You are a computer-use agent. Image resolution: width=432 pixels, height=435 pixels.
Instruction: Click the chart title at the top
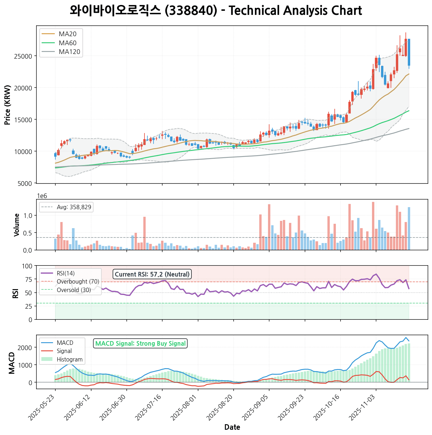(x=216, y=11)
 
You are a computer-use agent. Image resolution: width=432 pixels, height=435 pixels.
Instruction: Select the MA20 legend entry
(x=67, y=34)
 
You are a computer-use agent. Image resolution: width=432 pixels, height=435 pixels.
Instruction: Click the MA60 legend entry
(x=67, y=43)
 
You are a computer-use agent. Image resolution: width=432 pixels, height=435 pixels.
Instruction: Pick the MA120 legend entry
(x=69, y=52)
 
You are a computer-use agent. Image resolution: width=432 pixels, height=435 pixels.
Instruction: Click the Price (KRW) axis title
(x=8, y=105)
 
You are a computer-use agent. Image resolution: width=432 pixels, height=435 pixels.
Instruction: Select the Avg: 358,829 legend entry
(x=74, y=207)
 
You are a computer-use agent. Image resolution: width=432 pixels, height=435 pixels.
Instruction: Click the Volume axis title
(x=17, y=225)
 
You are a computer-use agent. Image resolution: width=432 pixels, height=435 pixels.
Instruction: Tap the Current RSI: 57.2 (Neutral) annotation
(x=152, y=274)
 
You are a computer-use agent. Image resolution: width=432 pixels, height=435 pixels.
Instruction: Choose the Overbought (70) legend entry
(x=78, y=282)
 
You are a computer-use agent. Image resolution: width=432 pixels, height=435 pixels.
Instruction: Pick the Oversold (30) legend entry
(x=74, y=290)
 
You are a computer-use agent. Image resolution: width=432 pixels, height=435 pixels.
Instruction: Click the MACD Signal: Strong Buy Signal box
(x=140, y=343)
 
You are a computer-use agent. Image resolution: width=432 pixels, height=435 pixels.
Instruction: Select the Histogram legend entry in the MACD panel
(x=69, y=359)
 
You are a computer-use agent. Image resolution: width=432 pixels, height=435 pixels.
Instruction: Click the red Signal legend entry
(x=64, y=351)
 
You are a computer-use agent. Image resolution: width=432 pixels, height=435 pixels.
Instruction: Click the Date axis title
(x=232, y=427)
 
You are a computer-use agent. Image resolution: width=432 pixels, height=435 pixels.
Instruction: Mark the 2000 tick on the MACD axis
(x=27, y=347)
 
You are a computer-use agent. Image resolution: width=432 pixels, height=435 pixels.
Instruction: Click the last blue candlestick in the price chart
(x=409, y=52)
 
